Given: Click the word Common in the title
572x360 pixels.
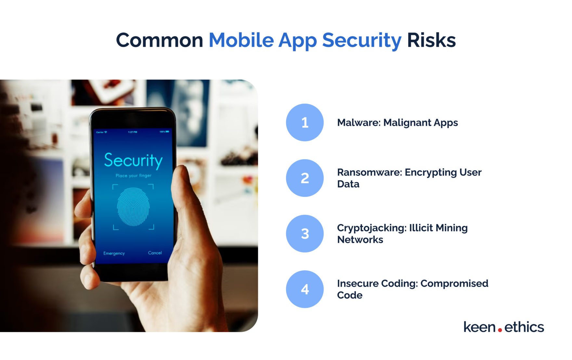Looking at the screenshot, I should pyautogui.click(x=159, y=40).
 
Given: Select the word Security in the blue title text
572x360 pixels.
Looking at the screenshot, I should pyautogui.click(x=361, y=40).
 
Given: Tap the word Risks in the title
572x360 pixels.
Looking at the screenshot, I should pyautogui.click(x=431, y=40).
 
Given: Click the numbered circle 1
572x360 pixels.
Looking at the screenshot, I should pyautogui.click(x=305, y=122).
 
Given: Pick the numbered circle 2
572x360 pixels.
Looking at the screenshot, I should pyautogui.click(x=305, y=178).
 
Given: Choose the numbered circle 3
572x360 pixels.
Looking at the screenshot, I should pyautogui.click(x=305, y=234).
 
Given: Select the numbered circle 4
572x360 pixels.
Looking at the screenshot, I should pyautogui.click(x=305, y=289).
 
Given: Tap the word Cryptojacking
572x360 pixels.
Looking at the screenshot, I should pyautogui.click(x=370, y=228).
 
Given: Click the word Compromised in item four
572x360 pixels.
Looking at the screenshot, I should pyautogui.click(x=454, y=283).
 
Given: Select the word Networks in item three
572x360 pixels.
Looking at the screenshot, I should pyautogui.click(x=360, y=240).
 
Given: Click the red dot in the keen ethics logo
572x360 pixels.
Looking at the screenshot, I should pyautogui.click(x=500, y=330).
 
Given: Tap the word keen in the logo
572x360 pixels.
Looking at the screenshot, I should pyautogui.click(x=479, y=327).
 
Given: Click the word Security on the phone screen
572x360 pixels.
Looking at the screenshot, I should pyautogui.click(x=133, y=160).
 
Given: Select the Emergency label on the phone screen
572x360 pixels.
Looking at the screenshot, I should pyautogui.click(x=114, y=253).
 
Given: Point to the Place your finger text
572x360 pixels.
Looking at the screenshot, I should pyautogui.click(x=133, y=176).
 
